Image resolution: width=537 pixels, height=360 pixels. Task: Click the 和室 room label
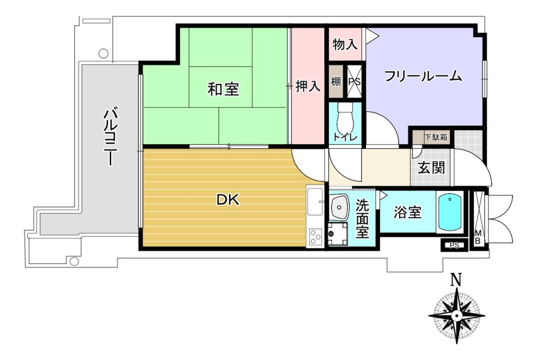(223, 89)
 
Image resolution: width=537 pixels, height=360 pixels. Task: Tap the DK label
(228, 200)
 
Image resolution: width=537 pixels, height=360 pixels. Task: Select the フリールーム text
(423, 76)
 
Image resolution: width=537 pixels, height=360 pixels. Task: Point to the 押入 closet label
(308, 86)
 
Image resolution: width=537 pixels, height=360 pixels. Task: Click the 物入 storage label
(345, 44)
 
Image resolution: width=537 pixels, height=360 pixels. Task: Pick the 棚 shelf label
(336, 82)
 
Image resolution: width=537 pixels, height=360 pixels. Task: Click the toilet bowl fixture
(345, 118)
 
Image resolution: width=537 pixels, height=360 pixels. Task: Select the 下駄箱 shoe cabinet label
(436, 138)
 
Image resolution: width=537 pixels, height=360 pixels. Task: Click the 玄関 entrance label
(431, 168)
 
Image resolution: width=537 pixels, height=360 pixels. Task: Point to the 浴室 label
(407, 213)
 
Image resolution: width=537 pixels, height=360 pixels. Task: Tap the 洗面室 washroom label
(362, 219)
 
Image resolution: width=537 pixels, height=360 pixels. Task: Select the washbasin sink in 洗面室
(339, 207)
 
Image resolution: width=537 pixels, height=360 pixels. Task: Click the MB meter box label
(478, 237)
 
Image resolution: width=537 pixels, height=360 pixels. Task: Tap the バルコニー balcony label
(110, 137)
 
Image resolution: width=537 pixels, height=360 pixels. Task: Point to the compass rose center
(457, 315)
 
